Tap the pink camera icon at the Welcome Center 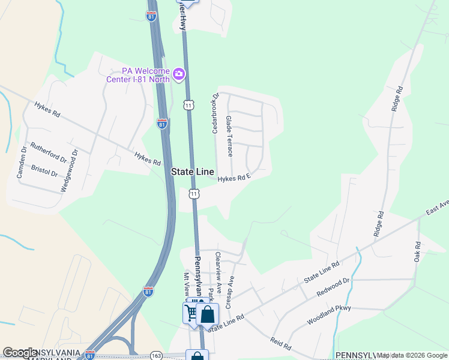[x=179, y=74]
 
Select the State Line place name [x=191, y=172]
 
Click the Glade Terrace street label [x=229, y=137]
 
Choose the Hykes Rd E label [x=234, y=178]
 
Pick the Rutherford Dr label [x=49, y=153]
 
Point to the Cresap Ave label [x=229, y=292]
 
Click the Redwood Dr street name [x=333, y=287]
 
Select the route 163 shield [x=156, y=355]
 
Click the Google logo [x=20, y=353]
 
